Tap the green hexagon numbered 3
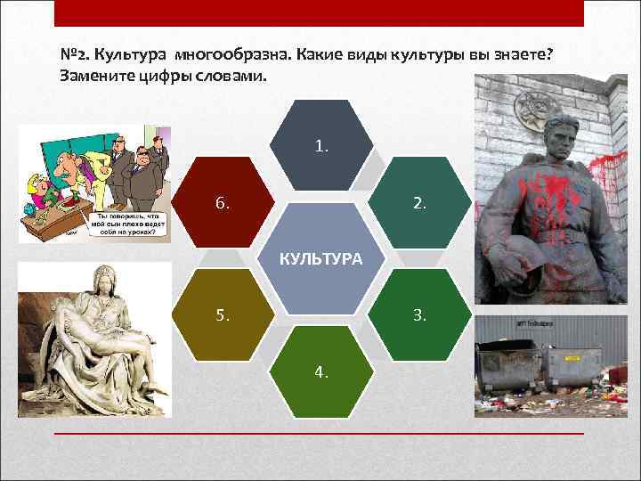click(419, 314)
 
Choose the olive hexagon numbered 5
click(223, 314)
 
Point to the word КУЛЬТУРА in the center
click(321, 258)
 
